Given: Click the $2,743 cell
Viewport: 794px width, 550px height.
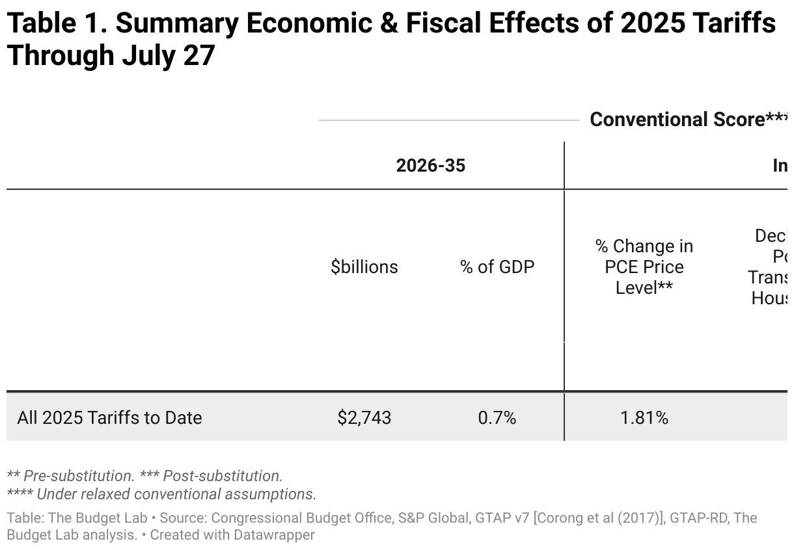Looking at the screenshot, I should pos(364,417).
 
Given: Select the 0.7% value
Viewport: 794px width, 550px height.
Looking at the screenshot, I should pos(497,417).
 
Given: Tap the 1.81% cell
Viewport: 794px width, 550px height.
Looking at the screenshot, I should pos(644,417).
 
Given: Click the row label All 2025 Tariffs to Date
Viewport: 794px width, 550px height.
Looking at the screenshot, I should pos(109,417).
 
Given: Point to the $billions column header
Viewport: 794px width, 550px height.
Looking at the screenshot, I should pos(364,267).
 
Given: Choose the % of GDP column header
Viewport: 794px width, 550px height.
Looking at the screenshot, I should pos(497,267).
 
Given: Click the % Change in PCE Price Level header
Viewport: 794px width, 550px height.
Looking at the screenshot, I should pos(644,267).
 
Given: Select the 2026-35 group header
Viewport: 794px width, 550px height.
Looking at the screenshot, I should pos(431,165).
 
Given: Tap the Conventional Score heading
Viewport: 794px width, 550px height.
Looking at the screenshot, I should pos(677,120).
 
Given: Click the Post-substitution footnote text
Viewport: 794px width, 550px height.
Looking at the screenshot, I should pos(221,475).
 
